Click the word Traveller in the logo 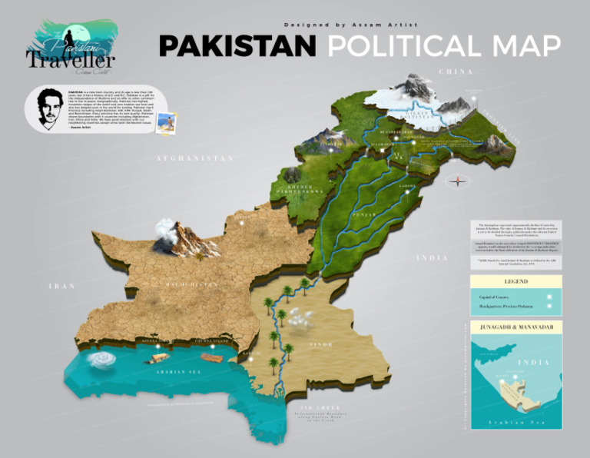[70, 59]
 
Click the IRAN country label [61, 286]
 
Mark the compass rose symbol [459, 181]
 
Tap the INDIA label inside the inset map [529, 362]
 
